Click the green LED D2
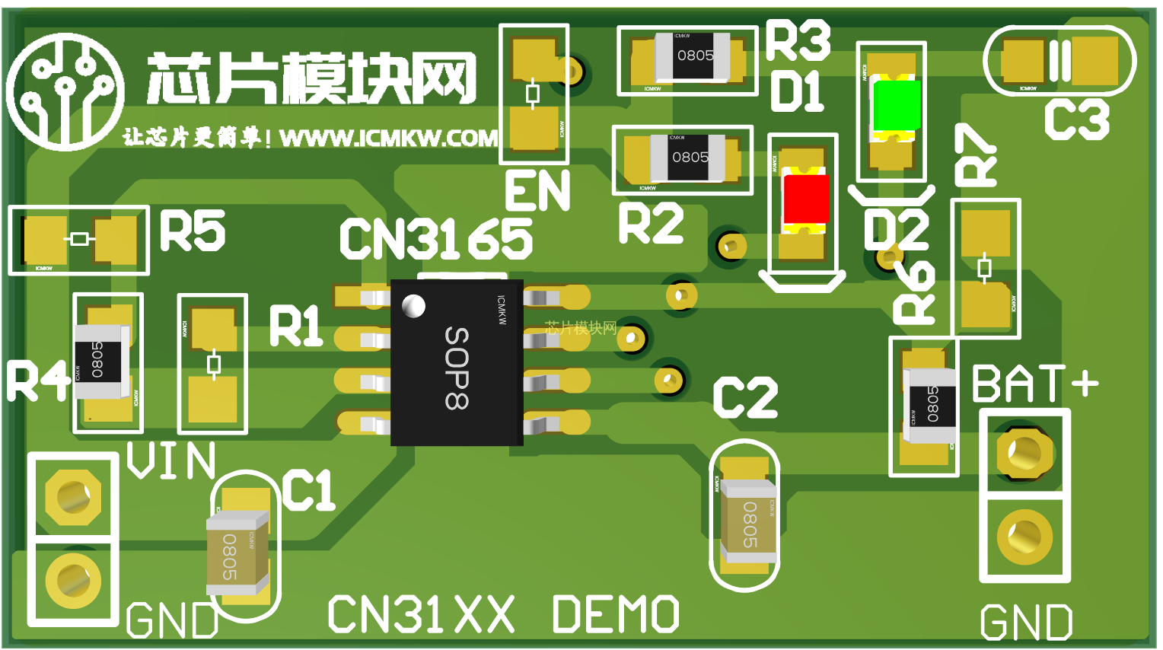coord(896,106)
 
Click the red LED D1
coord(806,199)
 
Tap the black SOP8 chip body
coord(457,363)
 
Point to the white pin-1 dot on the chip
coord(413,306)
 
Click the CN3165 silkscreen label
coord(435,239)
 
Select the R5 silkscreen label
coord(193,231)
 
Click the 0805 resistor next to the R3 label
coord(695,56)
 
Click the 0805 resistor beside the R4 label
coord(99,361)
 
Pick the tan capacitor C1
coord(236,553)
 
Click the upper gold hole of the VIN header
coord(73,497)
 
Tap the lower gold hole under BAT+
coord(1024,536)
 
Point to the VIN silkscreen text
coord(171,460)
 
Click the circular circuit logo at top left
coord(65,91)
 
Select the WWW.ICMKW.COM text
coord(388,138)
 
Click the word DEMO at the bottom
coord(615,615)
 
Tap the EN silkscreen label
coord(537,191)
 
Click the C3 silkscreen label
coord(1077,120)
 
